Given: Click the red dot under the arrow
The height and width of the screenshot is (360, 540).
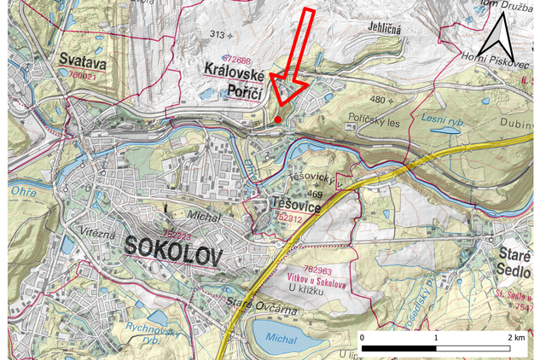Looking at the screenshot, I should pos(278,119).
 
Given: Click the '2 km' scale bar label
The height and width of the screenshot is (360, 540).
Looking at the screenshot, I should pos(514,339).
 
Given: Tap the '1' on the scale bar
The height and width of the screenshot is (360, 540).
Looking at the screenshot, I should pos(437,339).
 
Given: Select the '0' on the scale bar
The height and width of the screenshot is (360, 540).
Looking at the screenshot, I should pos(363,339).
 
